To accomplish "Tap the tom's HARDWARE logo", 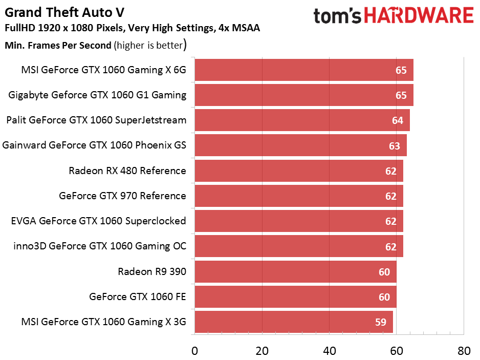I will pos(394,16).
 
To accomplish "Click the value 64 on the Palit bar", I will pos(398,121).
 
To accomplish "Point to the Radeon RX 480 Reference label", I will pos(127,171).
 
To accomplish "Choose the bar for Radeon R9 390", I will pos(295,272).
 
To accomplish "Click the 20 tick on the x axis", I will pos(262,351).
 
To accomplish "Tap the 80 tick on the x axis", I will pos(464,351).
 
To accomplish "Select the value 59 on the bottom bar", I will pos(381,323).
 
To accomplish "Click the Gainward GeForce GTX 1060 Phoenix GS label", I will pos(95,145).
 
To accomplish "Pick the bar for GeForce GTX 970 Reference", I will pos(298,196).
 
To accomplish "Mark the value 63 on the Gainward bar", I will pos(394,146).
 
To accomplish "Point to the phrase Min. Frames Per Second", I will pos(58,46).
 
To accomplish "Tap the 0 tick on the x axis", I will pos(194,351).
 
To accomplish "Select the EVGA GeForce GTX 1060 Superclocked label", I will pos(98,221).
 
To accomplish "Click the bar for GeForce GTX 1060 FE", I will pos(295,297).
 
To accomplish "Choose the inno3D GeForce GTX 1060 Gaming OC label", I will pos(100,246).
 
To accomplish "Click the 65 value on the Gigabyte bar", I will pos(401,96).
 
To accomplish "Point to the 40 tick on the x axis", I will pos(329,351).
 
